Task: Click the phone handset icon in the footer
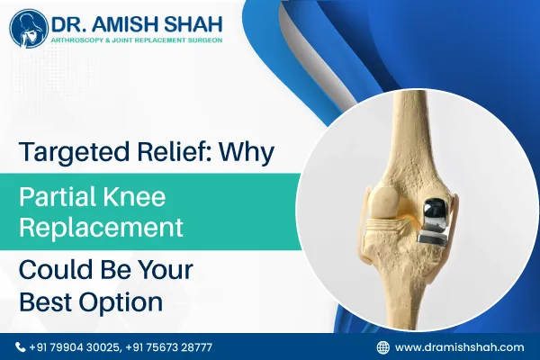tap(22, 346)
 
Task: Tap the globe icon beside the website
tap(382, 346)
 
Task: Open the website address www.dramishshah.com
tap(460, 346)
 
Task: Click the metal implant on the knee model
tap(435, 221)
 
